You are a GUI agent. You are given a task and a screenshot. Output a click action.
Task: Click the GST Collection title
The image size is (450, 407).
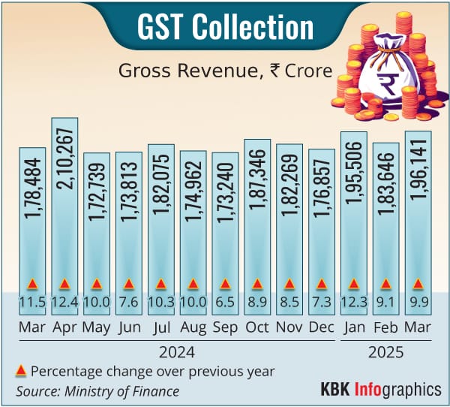pyautogui.click(x=225, y=27)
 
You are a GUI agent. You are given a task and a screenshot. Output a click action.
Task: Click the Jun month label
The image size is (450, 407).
pyautogui.click(x=128, y=329)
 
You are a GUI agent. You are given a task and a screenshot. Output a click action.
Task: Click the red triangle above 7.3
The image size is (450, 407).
pyautogui.click(x=322, y=284)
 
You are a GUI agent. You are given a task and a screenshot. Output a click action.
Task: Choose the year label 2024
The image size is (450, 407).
pyautogui.click(x=178, y=351)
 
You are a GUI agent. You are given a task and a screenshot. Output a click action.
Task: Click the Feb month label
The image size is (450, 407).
pyautogui.click(x=386, y=329)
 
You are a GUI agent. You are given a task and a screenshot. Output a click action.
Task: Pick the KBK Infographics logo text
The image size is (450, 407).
pyautogui.click(x=380, y=390)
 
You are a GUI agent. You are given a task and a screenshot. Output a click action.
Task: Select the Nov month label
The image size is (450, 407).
pyautogui.click(x=289, y=329)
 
